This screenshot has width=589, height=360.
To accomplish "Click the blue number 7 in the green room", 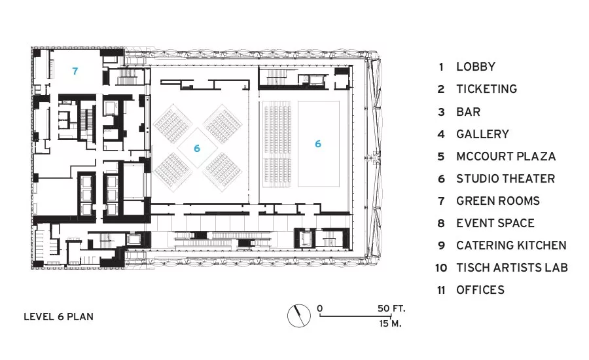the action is [75, 71].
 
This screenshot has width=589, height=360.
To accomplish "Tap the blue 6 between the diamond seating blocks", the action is [197, 149].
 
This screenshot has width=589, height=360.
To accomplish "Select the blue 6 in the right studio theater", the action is [318, 143].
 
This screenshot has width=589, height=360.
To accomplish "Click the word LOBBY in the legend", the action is [476, 67].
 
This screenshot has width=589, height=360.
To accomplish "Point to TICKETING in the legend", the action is [487, 89].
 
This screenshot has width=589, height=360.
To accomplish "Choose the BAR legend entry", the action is [469, 112].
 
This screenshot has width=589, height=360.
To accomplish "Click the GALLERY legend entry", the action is [483, 134].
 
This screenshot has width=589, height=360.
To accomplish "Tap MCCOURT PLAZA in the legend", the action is [506, 156].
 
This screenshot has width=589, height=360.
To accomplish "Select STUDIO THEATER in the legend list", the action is [506, 179].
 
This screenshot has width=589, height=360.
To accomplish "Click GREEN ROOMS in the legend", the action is [498, 201].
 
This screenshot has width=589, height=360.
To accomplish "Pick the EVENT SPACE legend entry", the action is [495, 223].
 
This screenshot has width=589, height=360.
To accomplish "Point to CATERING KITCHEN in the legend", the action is [511, 245].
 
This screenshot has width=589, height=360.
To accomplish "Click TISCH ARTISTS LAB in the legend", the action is [512, 268].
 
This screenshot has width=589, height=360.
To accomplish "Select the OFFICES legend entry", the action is [480, 290].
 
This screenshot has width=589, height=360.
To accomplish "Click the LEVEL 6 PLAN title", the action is [59, 317].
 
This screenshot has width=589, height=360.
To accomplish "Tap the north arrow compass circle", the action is [299, 315].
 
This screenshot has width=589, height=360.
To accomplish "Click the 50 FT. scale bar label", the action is [392, 308].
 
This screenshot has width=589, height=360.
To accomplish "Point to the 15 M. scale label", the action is [390, 323].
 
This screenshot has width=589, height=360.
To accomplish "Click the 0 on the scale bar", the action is [319, 308].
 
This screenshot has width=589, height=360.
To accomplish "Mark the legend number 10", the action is [441, 268].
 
